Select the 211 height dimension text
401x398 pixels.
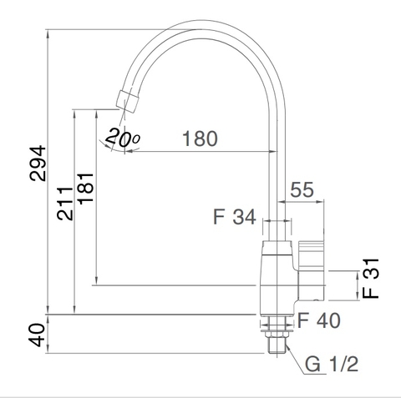tap(64, 199)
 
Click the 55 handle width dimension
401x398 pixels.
tap(302, 190)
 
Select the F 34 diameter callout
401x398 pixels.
tap(234, 219)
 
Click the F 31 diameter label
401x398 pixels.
tap(372, 280)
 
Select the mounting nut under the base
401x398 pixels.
tap(277, 325)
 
